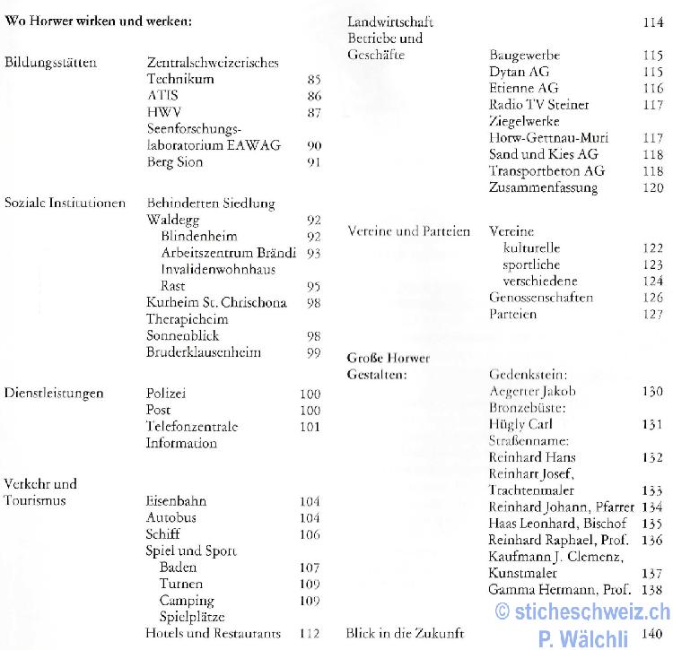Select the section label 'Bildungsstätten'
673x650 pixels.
tap(51, 63)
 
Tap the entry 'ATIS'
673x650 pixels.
tap(162, 95)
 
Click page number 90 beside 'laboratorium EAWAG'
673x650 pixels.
tap(313, 145)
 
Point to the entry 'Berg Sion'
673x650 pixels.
tap(174, 161)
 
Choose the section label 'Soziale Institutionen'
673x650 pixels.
tap(65, 203)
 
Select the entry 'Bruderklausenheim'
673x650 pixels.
tap(203, 351)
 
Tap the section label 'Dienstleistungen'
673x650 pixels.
tap(54, 393)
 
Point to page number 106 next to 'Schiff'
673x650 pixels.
tap(310, 534)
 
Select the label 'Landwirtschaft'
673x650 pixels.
tap(389, 22)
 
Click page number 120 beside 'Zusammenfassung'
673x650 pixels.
tap(652, 187)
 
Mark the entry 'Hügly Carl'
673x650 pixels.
tap(520, 424)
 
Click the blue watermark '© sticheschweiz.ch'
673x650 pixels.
tap(582, 612)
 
